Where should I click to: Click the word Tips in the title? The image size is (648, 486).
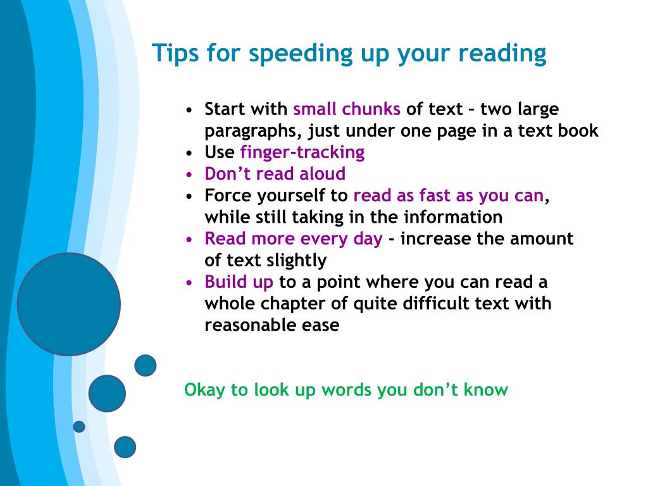tap(176, 53)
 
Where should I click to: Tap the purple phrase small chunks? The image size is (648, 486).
tap(347, 109)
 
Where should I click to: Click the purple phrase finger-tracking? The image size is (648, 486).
tap(302, 153)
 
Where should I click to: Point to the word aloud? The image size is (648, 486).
tap(322, 173)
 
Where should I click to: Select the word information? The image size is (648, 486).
tap(453, 217)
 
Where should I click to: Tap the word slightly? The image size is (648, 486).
tap(297, 261)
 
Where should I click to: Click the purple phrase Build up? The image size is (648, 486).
tap(239, 282)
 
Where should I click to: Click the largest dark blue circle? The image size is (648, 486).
tap(69, 304)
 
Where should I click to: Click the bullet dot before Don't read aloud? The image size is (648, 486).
tap(189, 175)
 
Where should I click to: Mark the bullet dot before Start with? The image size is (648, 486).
tap(189, 110)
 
